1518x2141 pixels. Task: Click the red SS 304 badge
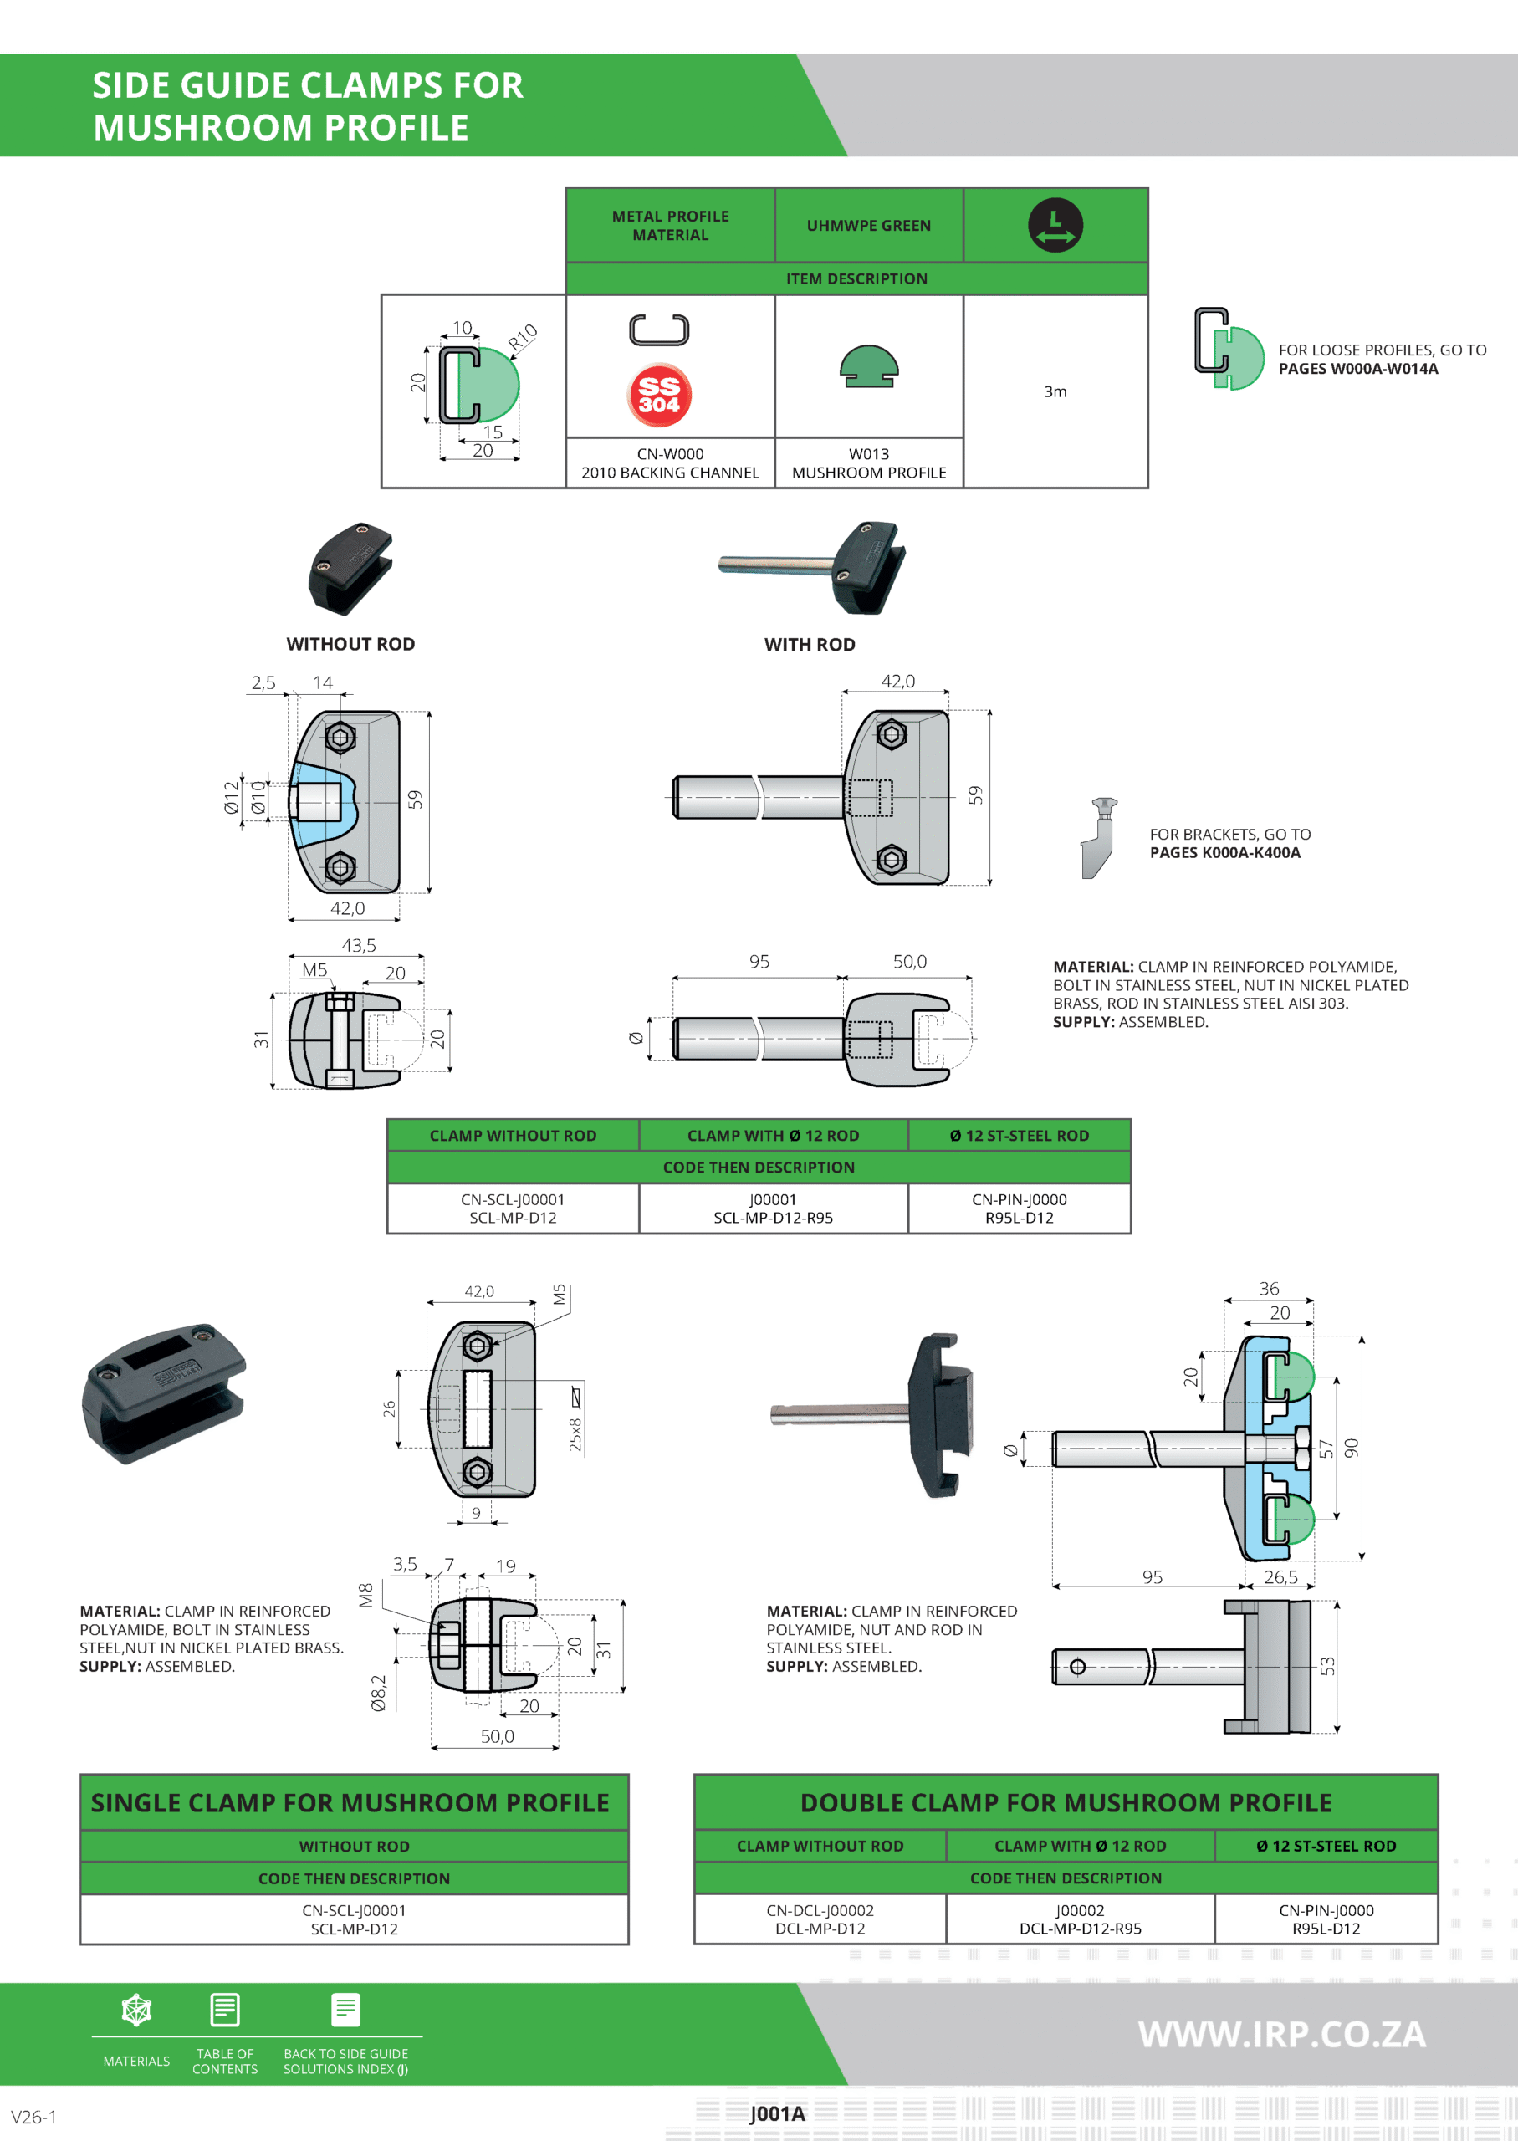[x=659, y=396]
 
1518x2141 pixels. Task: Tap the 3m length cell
[x=1055, y=391]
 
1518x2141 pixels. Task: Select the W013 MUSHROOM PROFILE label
[x=868, y=463]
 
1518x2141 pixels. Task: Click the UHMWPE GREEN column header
[x=868, y=226]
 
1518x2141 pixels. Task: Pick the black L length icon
[x=1055, y=225]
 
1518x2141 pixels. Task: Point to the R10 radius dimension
[x=523, y=336]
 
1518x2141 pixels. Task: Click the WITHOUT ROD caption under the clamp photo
[x=350, y=644]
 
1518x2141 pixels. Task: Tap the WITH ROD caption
[x=810, y=645]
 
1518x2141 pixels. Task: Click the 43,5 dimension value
[x=359, y=946]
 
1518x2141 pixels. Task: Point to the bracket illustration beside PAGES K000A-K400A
[x=1099, y=837]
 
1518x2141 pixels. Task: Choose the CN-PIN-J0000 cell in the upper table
[x=1019, y=1208]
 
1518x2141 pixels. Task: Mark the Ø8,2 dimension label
[x=379, y=1693]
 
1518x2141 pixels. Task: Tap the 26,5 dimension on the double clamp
[x=1280, y=1577]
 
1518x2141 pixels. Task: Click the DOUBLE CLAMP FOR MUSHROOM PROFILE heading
[x=1066, y=1802]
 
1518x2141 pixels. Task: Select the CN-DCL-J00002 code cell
[x=820, y=1919]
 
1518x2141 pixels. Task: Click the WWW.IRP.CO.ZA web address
[x=1281, y=2035]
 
